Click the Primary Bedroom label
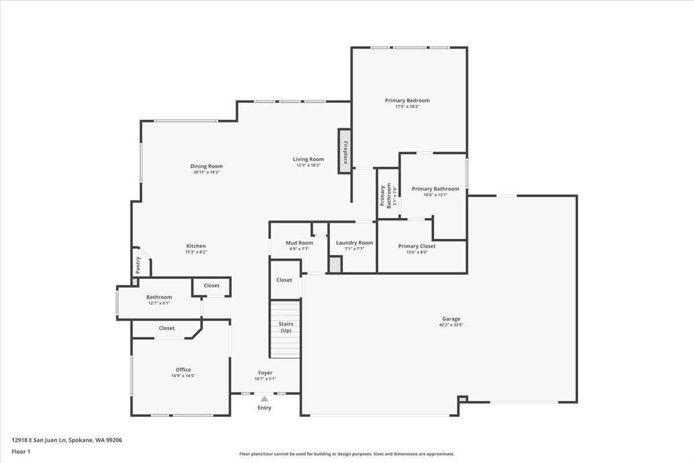[x=407, y=100]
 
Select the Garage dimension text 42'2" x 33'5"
[x=451, y=325]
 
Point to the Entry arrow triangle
[x=264, y=398]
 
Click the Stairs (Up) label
[x=286, y=327]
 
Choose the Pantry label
[x=138, y=265]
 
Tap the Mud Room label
[x=299, y=242]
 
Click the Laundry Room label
[x=355, y=242]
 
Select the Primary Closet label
[x=416, y=246]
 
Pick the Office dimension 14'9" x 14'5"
[x=183, y=376]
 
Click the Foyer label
[x=265, y=373]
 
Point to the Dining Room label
[x=206, y=166]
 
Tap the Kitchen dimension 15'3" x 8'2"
[x=195, y=252]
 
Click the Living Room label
[x=308, y=159]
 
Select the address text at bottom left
[x=67, y=440]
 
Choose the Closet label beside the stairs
[x=284, y=280]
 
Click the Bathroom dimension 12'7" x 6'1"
[x=158, y=303]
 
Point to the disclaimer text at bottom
[x=346, y=454]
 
